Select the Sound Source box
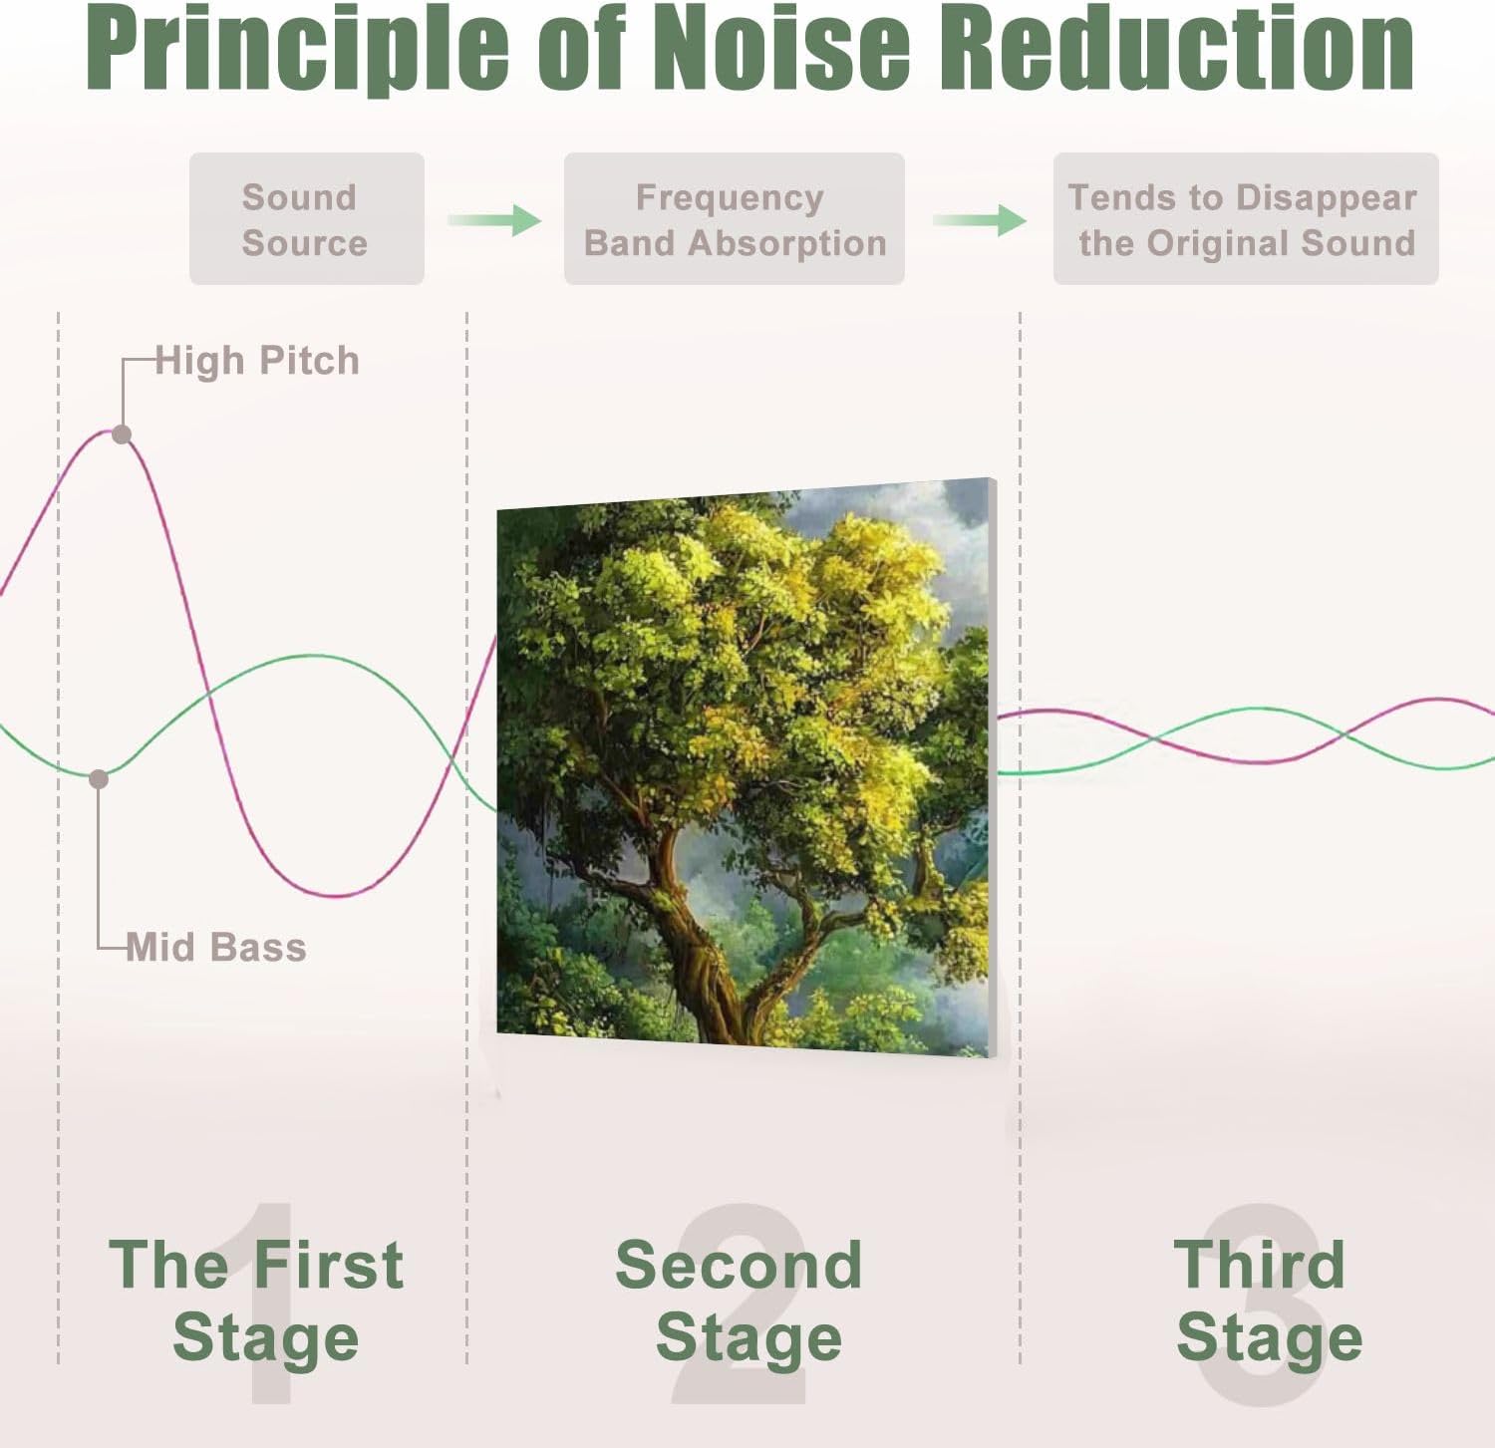click(x=307, y=219)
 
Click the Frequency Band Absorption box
click(x=735, y=219)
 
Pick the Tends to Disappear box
click(x=1246, y=219)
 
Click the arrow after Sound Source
click(x=494, y=219)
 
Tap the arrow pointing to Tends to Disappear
click(x=980, y=219)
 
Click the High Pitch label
click(x=257, y=361)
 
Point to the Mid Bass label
click(x=216, y=947)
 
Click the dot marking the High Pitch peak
click(x=122, y=434)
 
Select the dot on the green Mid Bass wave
click(x=99, y=779)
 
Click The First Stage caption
click(x=258, y=1300)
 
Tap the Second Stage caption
click(x=741, y=1300)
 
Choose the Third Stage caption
click(x=1267, y=1300)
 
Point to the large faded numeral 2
click(x=741, y=1305)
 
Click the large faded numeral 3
click(x=1261, y=1305)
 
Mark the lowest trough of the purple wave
click(x=339, y=895)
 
